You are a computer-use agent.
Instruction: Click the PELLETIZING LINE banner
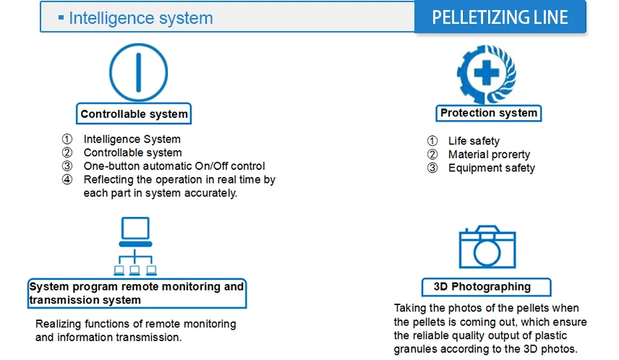[500, 17]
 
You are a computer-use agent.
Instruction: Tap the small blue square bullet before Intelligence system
[61, 17]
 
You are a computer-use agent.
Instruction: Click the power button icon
[139, 72]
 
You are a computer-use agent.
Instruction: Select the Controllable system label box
[134, 113]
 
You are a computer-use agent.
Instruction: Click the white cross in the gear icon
[487, 72]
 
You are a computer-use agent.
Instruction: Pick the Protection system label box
[489, 113]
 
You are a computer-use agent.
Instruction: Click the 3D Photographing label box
[487, 287]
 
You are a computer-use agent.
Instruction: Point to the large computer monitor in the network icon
[135, 228]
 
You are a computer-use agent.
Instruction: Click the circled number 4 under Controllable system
[67, 179]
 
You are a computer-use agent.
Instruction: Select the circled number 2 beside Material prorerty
[432, 155]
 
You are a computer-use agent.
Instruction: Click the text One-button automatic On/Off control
[174, 166]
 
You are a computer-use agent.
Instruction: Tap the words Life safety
[474, 141]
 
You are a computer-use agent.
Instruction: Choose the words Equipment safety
[492, 168]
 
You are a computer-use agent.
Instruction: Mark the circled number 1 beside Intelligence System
[67, 139]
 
